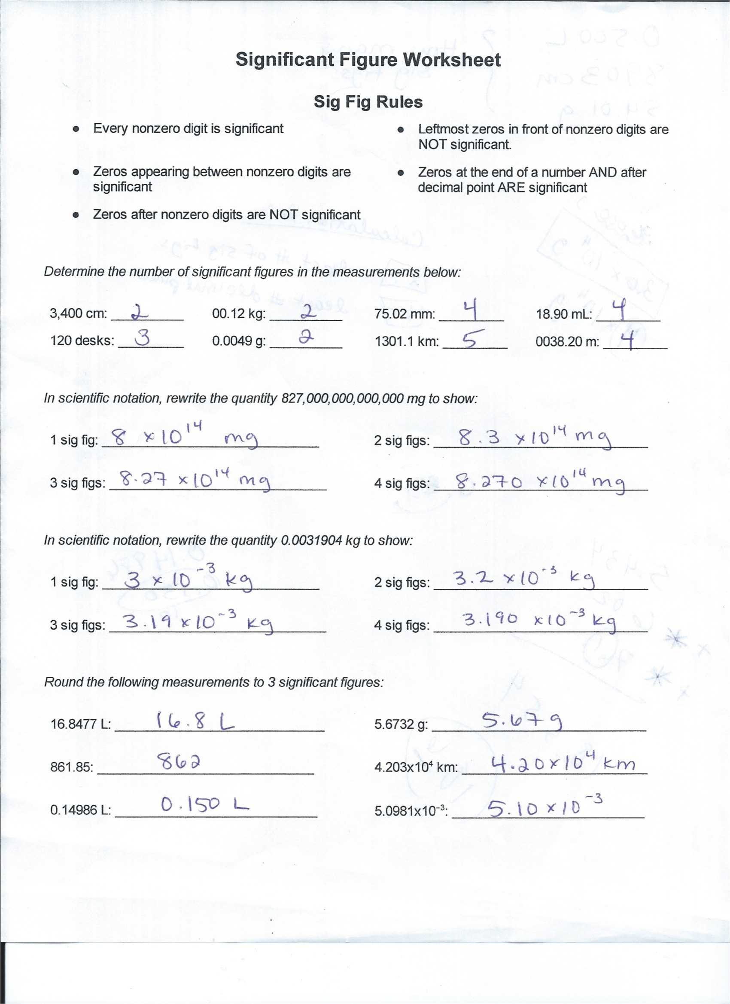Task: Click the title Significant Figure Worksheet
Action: (368, 60)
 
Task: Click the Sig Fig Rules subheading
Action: (368, 102)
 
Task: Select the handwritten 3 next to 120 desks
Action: (143, 339)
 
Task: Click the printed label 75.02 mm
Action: (404, 315)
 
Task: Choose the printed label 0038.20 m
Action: (567, 342)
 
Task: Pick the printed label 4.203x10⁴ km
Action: (416, 767)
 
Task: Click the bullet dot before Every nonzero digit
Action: (76, 129)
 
